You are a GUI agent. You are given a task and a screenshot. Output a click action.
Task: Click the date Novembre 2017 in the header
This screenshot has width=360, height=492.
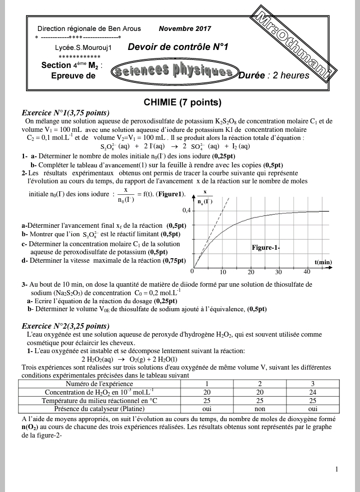click(185, 29)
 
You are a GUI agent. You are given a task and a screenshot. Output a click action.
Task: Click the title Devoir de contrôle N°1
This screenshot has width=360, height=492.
click(178, 47)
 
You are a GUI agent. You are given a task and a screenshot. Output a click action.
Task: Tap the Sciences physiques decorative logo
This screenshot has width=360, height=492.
click(172, 72)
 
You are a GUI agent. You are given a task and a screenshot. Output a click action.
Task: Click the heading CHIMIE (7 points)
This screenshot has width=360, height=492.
click(182, 103)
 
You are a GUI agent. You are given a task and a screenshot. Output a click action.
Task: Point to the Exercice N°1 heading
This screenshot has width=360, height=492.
click(65, 113)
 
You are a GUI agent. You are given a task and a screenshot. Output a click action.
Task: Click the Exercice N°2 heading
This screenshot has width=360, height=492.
click(65, 326)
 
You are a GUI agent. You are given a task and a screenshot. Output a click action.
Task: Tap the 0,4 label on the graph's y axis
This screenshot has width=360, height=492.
click(186, 210)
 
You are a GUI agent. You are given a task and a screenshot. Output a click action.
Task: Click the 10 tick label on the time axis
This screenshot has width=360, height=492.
click(223, 272)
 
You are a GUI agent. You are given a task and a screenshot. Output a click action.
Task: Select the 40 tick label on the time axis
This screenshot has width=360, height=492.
click(307, 272)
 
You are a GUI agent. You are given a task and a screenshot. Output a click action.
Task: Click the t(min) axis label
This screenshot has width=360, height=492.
click(323, 262)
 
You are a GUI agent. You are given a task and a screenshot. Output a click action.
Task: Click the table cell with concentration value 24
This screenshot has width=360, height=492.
click(312, 392)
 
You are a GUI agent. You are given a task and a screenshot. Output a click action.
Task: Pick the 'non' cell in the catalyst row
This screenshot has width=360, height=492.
click(259, 409)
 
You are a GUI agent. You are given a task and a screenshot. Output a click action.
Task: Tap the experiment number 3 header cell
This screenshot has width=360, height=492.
click(312, 384)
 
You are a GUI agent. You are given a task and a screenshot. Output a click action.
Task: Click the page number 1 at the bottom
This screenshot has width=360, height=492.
click(337, 469)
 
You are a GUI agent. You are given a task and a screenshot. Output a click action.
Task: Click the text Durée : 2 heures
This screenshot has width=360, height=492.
click(274, 76)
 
